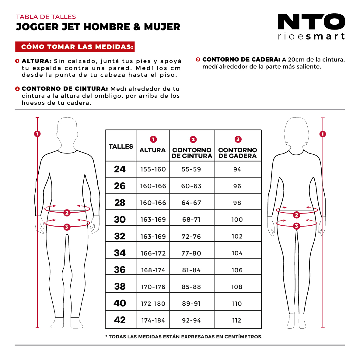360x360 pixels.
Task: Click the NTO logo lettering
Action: (x=311, y=22)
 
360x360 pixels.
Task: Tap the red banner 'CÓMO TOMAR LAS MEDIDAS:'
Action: (x=75, y=47)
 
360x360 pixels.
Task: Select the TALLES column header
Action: (x=121, y=146)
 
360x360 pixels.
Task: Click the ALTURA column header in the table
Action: (x=152, y=150)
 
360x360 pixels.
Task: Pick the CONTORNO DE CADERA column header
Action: (x=238, y=153)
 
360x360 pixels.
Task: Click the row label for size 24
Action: (x=120, y=169)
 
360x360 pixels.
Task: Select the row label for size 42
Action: (x=120, y=320)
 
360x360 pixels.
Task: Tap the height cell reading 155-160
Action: (x=153, y=169)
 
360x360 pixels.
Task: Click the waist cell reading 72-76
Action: (x=191, y=236)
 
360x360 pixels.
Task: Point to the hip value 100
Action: (x=237, y=220)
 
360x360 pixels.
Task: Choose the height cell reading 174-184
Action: (x=153, y=320)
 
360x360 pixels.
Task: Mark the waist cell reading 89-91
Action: (x=191, y=304)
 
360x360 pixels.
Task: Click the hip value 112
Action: (x=237, y=320)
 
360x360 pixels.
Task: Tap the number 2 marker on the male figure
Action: (x=67, y=213)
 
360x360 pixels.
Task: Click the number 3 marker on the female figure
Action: (x=296, y=226)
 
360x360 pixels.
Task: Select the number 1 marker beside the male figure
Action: (x=37, y=134)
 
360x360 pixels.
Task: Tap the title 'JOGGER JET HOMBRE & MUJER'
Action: (x=98, y=27)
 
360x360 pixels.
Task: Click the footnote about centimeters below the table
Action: (x=184, y=337)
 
